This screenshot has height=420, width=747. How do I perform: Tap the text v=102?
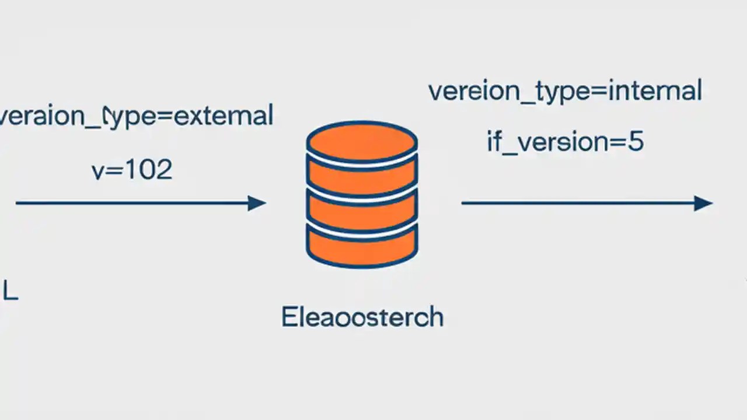(132, 170)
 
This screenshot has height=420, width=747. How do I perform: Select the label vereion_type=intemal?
(565, 92)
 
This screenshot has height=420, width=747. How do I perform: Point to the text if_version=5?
(565, 142)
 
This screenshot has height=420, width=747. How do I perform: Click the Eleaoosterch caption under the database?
(362, 317)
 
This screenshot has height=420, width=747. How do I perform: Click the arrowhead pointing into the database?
(257, 203)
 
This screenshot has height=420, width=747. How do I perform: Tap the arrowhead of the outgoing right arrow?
(703, 203)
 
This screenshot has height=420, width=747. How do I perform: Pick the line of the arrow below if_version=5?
(578, 203)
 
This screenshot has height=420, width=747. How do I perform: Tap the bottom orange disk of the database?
(362, 245)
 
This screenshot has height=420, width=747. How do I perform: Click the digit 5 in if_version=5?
(636, 142)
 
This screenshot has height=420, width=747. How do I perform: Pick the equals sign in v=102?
(112, 170)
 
